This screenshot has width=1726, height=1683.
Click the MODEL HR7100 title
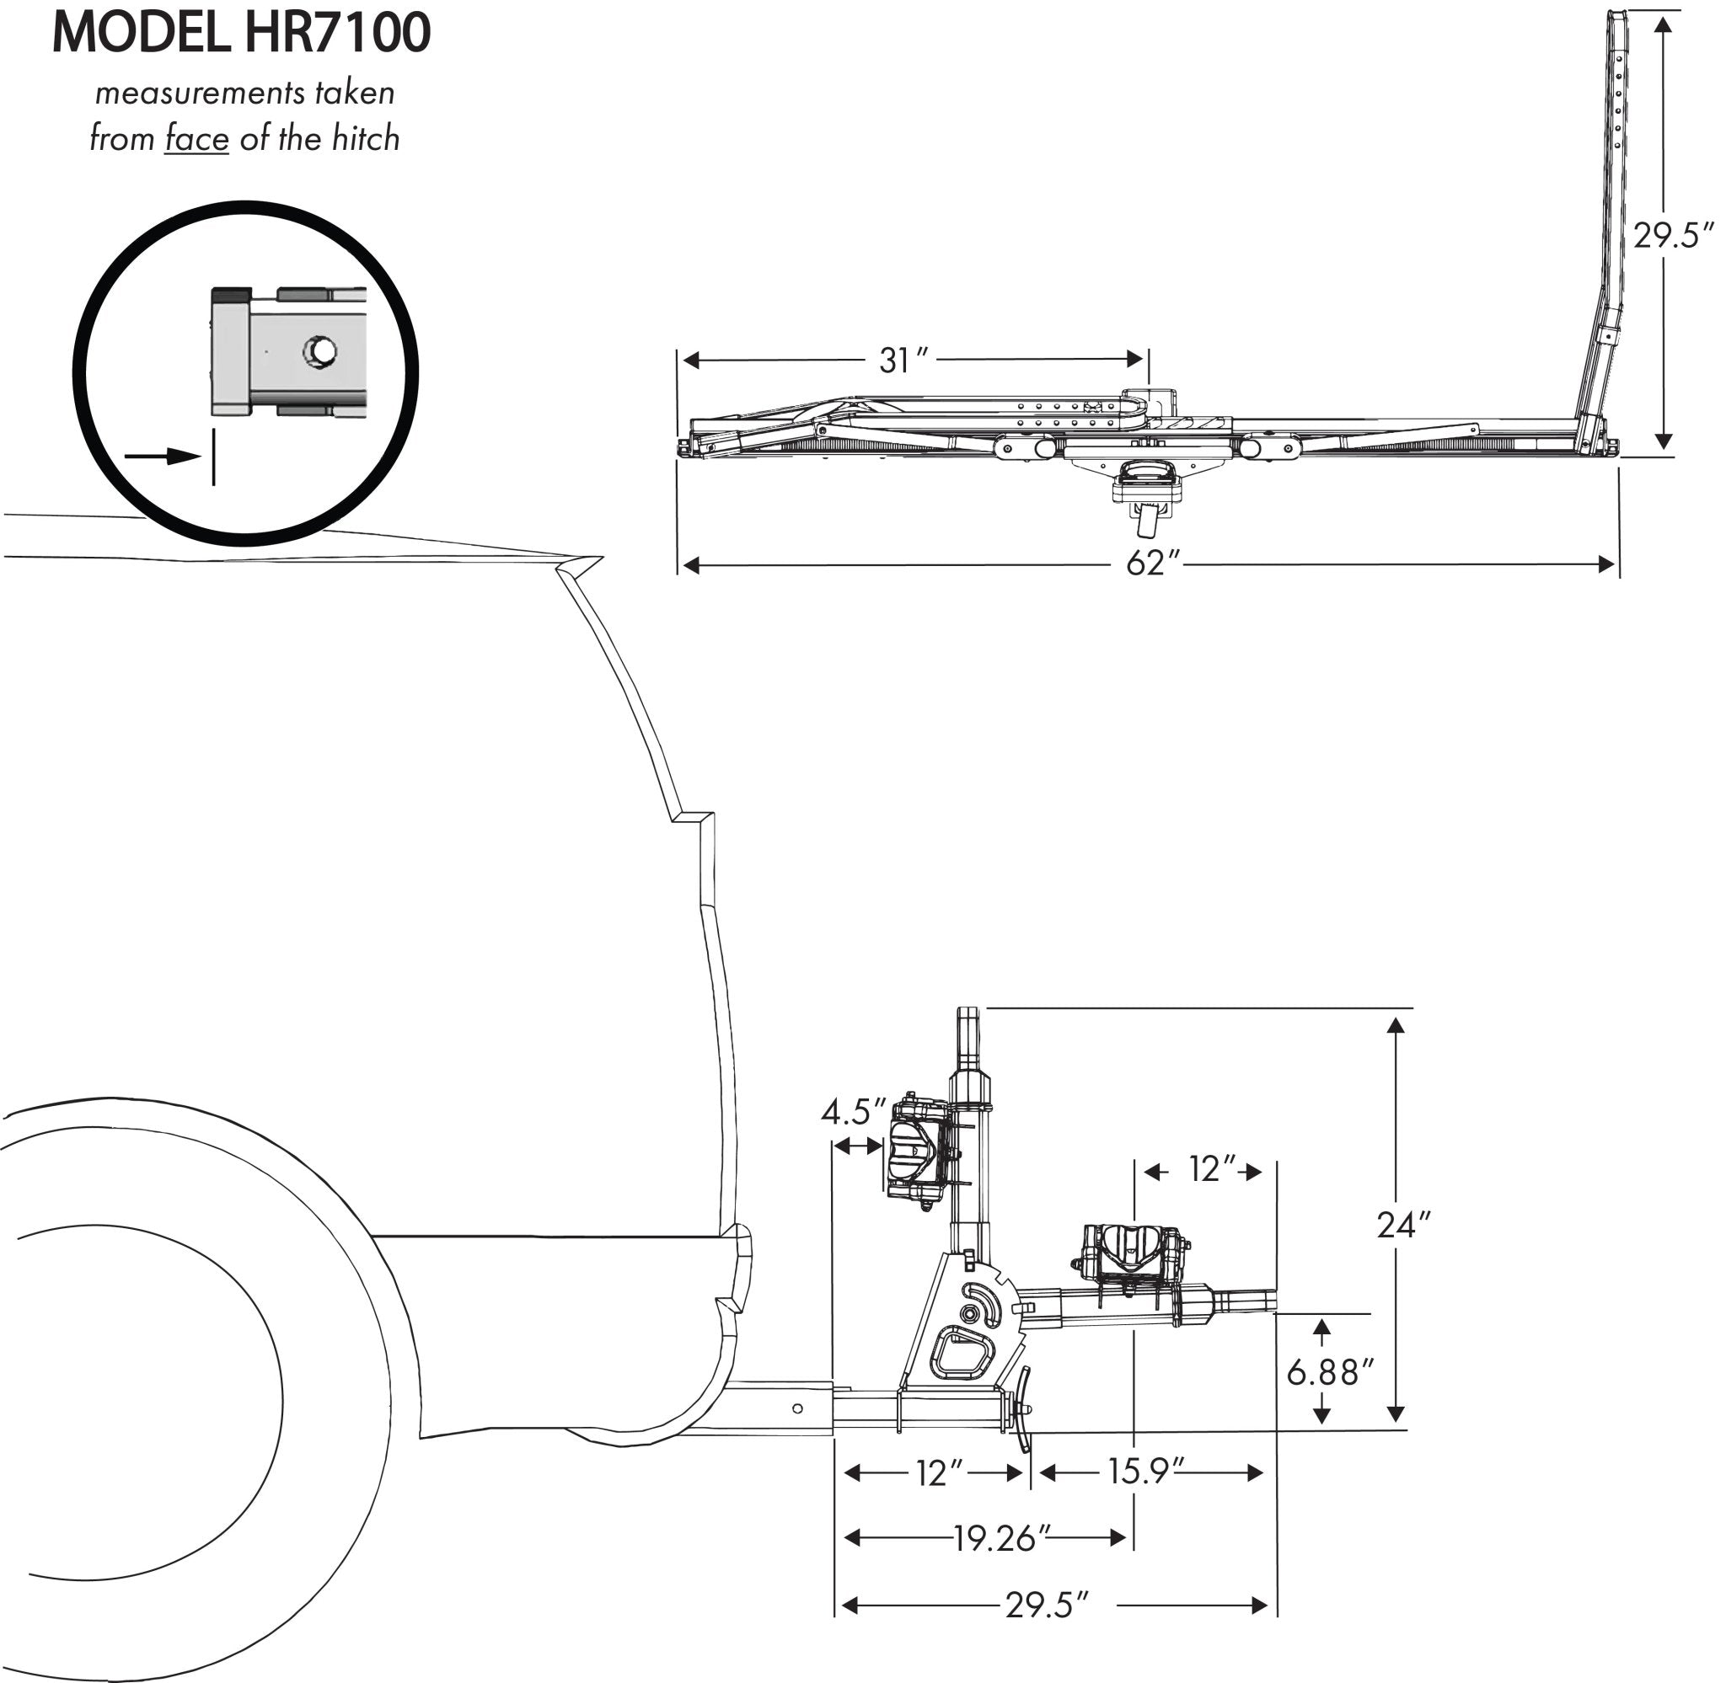(x=241, y=33)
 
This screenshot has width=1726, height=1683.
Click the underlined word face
(x=196, y=140)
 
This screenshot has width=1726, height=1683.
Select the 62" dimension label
(x=1153, y=564)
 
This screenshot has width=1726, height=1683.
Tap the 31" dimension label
(x=903, y=360)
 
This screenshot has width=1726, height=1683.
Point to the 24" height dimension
(x=1402, y=1225)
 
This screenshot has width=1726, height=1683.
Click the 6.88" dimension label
(x=1330, y=1372)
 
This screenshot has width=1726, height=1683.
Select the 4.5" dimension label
(x=852, y=1112)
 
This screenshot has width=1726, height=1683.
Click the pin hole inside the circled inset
(x=320, y=351)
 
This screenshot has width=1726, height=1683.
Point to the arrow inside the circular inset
(x=163, y=456)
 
